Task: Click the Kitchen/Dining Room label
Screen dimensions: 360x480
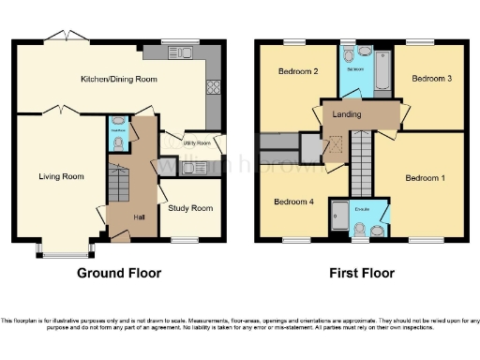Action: point(118,79)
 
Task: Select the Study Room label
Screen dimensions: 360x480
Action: point(190,208)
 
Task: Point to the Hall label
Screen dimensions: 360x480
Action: point(139,217)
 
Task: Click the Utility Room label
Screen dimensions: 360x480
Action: point(196,143)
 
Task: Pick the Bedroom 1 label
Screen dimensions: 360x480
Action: point(426,177)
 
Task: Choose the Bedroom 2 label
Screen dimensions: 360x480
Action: point(296,72)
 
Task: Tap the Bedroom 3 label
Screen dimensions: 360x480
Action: point(434,79)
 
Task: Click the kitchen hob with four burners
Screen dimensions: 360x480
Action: point(212,87)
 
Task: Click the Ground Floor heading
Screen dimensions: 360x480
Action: point(119,274)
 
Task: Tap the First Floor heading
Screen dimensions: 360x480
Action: point(361,274)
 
